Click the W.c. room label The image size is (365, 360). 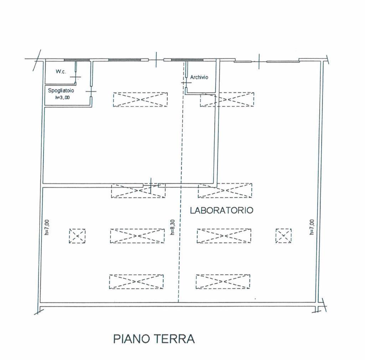point(61,72)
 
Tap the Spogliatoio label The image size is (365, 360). point(61,90)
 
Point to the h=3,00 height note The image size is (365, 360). point(62,98)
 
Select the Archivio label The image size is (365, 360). point(199,77)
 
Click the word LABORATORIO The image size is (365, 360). point(222,210)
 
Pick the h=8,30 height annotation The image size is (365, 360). point(173,227)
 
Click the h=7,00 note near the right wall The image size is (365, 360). point(312,227)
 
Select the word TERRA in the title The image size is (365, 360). point(175,339)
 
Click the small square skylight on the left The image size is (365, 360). point(77,236)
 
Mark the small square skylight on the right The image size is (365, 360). point(283,236)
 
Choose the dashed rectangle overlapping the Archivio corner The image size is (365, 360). point(227,100)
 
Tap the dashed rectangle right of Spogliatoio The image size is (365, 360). point(140,100)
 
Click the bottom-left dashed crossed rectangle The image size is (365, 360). point(137,282)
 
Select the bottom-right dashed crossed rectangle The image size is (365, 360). point(223,282)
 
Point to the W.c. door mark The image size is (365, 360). point(76,77)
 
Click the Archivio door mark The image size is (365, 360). point(186,83)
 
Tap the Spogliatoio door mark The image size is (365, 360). point(91,92)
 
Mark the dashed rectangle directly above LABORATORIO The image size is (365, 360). point(225,191)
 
